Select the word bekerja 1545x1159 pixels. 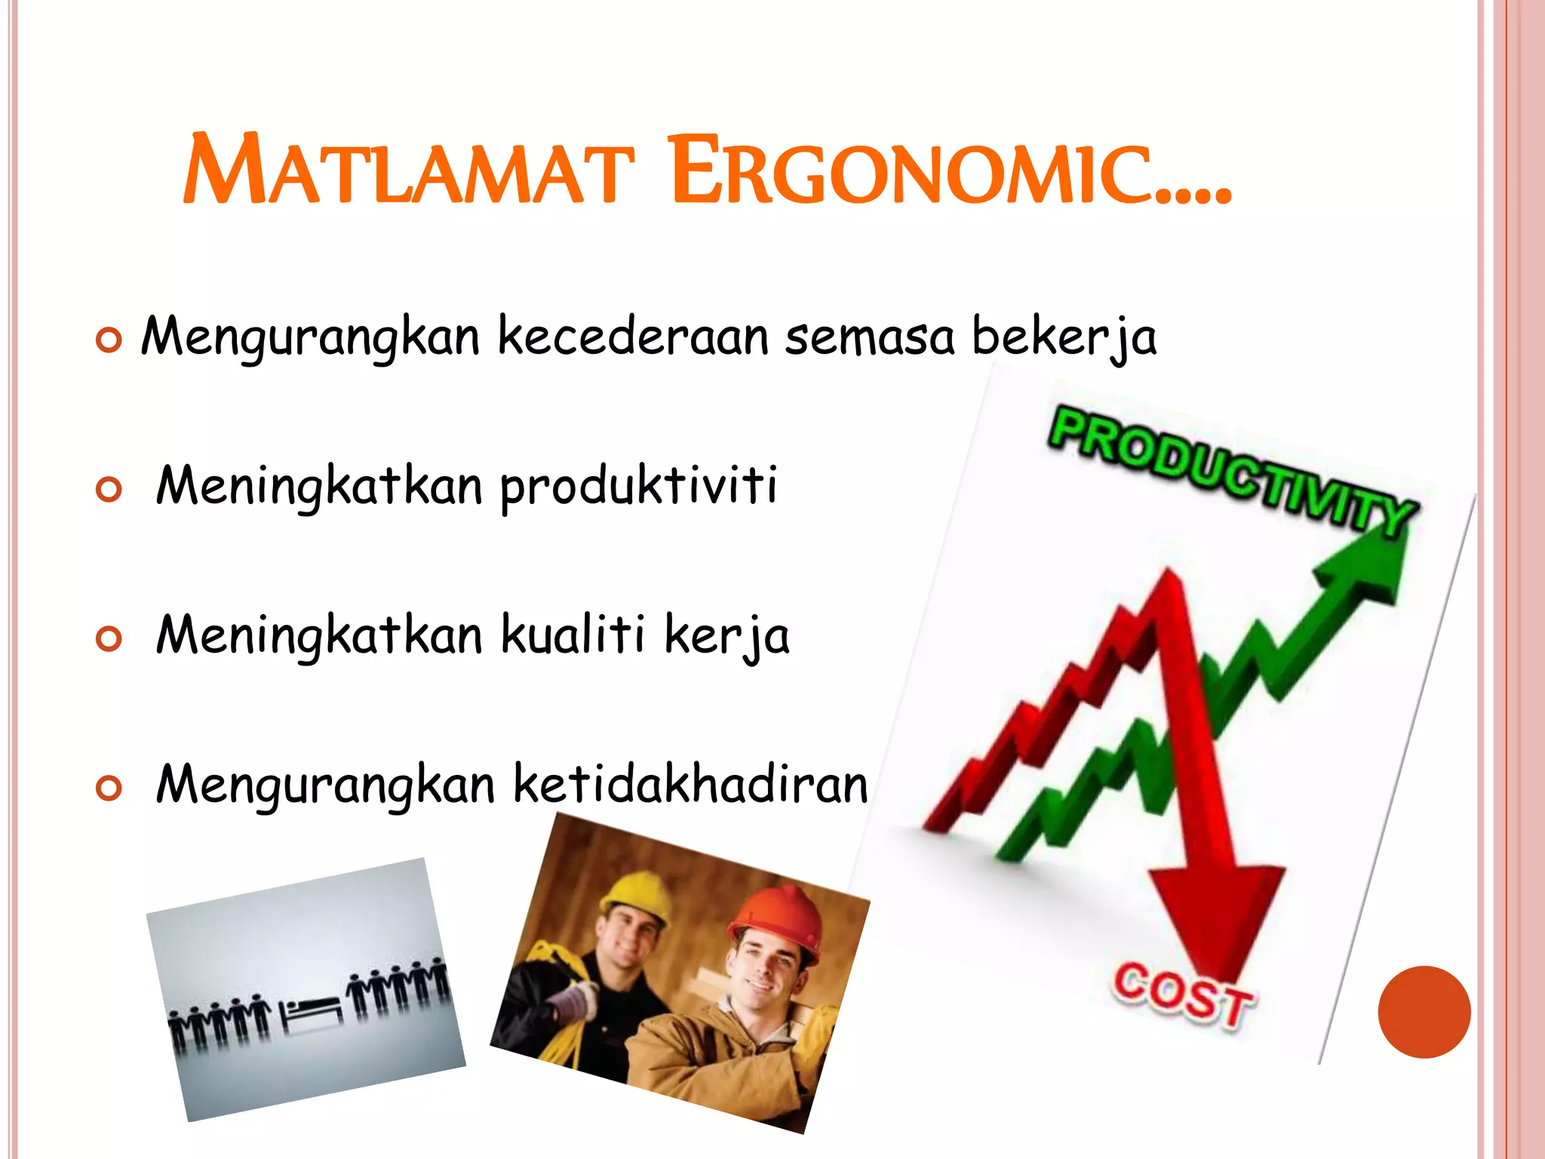coord(1064,337)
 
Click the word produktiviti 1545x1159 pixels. coord(638,487)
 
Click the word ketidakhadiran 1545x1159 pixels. coord(690,785)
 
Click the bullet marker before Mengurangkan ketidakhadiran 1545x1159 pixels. coord(109,789)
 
